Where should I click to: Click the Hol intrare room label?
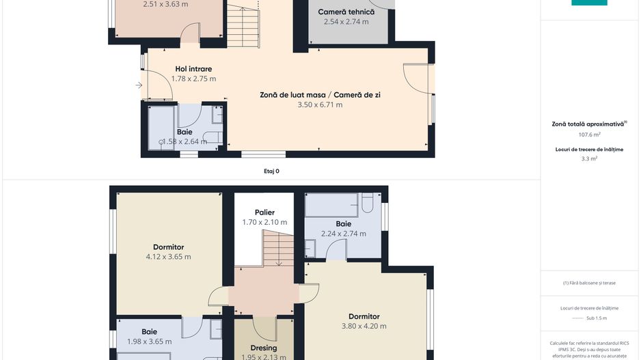click(x=193, y=69)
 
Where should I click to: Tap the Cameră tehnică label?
click(x=346, y=12)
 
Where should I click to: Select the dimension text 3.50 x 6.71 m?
click(x=320, y=105)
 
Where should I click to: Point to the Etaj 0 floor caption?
click(x=271, y=171)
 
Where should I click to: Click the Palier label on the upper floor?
click(x=264, y=212)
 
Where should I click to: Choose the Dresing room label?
click(x=264, y=348)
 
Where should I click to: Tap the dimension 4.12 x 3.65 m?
click(x=168, y=257)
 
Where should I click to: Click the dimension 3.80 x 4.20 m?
click(x=364, y=326)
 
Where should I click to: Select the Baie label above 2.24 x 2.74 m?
click(x=343, y=223)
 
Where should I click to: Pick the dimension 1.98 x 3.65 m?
click(x=149, y=342)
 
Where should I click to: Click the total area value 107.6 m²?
click(x=589, y=135)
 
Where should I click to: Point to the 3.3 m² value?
click(x=589, y=158)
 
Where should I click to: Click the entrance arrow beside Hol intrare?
click(x=139, y=85)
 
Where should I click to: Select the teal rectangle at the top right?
click(x=589, y=3)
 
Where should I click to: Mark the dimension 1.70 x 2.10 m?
click(x=264, y=222)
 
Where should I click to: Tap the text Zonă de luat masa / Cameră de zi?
click(x=320, y=95)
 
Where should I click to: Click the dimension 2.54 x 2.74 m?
click(x=346, y=22)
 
